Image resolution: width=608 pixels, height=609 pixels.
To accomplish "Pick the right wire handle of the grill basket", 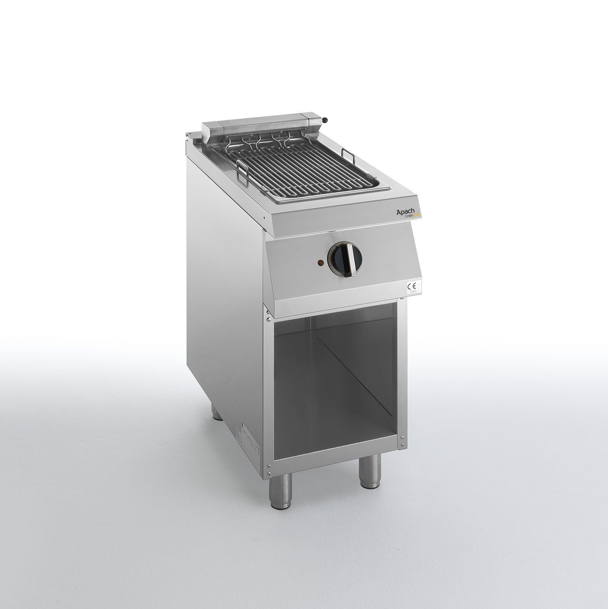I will (346, 154).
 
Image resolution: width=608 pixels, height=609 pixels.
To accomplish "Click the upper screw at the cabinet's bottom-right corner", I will (402, 437).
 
